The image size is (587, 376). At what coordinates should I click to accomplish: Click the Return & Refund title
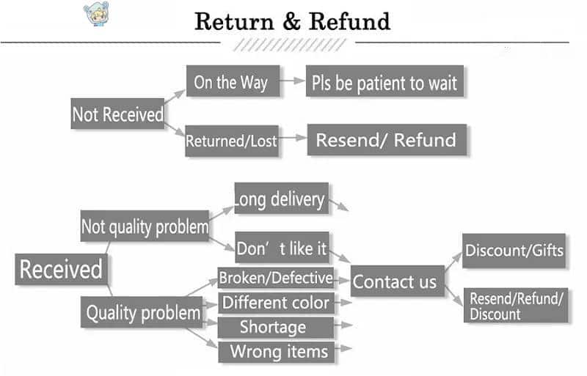click(292, 21)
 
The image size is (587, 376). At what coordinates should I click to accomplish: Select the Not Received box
click(117, 114)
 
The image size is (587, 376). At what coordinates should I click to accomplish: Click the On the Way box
click(232, 82)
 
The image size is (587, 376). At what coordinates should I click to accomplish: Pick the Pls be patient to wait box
click(384, 83)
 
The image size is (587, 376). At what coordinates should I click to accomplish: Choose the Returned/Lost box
click(231, 140)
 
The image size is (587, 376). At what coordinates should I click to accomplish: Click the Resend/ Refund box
click(386, 139)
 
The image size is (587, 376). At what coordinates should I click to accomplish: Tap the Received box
click(61, 270)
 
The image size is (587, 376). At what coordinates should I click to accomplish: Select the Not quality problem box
click(145, 226)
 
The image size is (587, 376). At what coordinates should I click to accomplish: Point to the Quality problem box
click(142, 313)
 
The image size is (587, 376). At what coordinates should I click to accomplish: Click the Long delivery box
click(280, 199)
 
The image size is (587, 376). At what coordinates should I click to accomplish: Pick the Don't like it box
click(281, 248)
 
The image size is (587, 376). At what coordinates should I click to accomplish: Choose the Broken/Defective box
click(275, 279)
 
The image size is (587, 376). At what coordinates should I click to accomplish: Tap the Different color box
click(276, 302)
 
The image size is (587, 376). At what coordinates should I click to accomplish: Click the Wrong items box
click(278, 351)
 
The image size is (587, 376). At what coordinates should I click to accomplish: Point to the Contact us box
click(396, 281)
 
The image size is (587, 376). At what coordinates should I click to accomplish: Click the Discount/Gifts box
click(514, 251)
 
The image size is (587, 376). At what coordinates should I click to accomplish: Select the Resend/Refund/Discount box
click(517, 306)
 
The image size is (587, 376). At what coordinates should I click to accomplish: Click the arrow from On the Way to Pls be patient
click(295, 82)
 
